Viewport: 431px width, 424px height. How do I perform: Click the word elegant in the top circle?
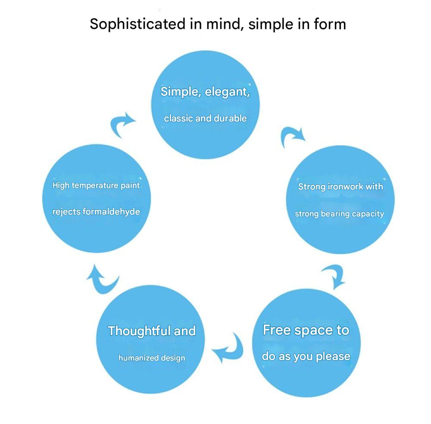click(x=227, y=92)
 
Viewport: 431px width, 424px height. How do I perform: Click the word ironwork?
click(x=346, y=187)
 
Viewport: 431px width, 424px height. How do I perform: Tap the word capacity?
click(x=368, y=214)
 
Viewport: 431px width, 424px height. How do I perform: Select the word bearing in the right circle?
click(x=335, y=214)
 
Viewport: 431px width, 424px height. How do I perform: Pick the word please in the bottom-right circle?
click(x=333, y=356)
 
